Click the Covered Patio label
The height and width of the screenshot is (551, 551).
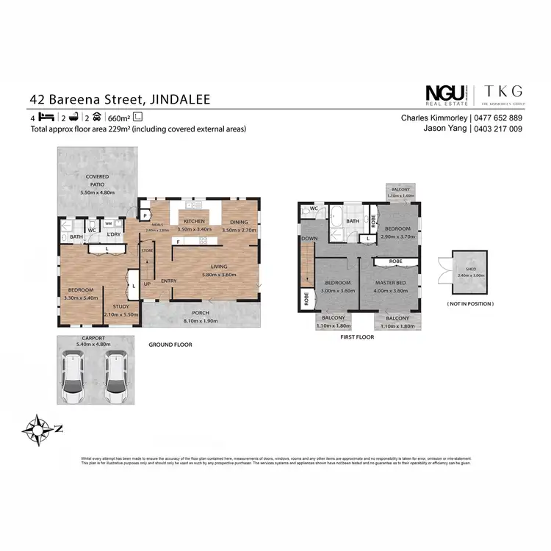point(97,181)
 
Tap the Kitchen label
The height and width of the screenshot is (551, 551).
point(195,221)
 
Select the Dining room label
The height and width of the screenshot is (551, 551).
point(239,221)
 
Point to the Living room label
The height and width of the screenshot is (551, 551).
point(219,267)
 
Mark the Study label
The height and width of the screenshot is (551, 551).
point(121,307)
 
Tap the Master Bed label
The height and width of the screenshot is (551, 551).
point(390,283)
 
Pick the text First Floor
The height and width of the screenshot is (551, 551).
point(358,337)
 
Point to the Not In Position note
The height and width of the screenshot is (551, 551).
point(469,303)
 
